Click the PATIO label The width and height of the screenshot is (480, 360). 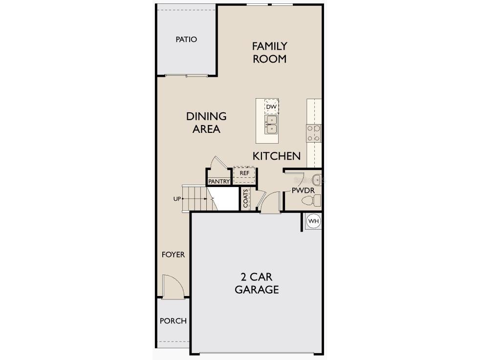click(x=186, y=39)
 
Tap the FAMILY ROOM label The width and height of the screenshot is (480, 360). click(x=269, y=52)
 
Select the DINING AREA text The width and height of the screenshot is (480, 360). click(x=206, y=123)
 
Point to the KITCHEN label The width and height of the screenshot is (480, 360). click(x=276, y=156)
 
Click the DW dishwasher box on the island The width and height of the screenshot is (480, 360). click(x=271, y=106)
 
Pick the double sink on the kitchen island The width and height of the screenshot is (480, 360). click(x=271, y=125)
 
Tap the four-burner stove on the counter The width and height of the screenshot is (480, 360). click(x=314, y=133)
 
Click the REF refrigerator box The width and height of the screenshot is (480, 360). click(x=244, y=173)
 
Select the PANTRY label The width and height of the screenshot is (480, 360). click(x=218, y=181)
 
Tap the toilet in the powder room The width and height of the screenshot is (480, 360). click(x=311, y=200)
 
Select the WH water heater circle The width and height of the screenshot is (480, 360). click(x=313, y=221)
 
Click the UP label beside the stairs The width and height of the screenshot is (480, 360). click(x=176, y=199)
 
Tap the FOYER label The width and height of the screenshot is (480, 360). click(x=174, y=254)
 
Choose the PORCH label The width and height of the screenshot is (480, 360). click(x=173, y=321)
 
